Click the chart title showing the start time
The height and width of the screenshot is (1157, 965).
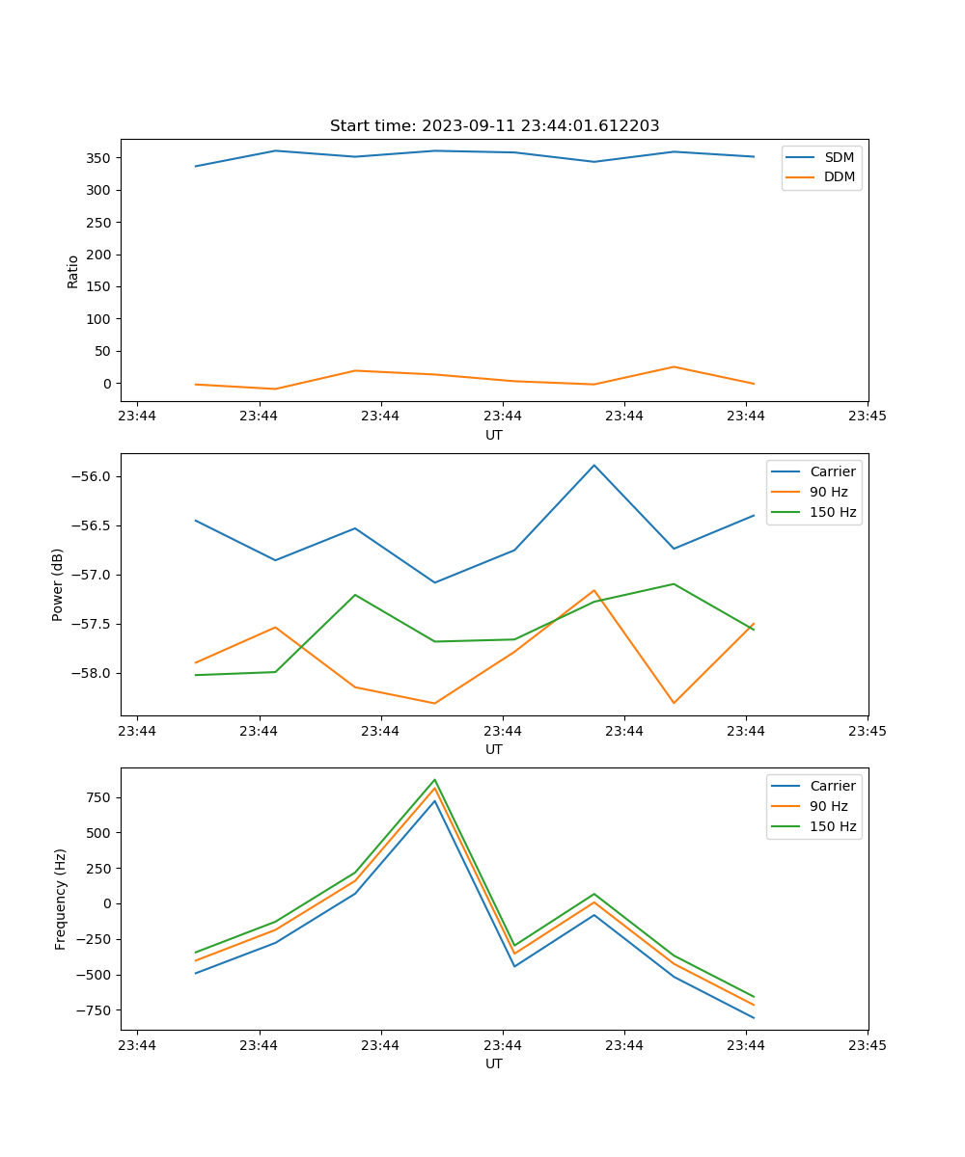coord(494,126)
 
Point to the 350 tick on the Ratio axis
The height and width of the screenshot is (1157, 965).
coord(100,158)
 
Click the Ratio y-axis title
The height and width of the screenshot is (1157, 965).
coord(73,272)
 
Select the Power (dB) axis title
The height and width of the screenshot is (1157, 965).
coord(58,584)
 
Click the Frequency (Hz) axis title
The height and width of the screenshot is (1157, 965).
coord(61,899)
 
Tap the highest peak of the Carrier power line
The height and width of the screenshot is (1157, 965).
coord(594,466)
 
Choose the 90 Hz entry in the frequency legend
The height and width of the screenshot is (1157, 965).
coord(829,806)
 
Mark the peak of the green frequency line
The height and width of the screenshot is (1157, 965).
coord(435,780)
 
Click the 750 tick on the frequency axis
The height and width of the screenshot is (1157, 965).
coord(100,798)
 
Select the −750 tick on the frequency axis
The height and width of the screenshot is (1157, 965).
coord(96,1010)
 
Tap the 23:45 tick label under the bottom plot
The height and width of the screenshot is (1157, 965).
coord(868,1045)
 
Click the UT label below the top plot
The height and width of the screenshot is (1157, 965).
coord(494,435)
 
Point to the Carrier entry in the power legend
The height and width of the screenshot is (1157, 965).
coord(832,471)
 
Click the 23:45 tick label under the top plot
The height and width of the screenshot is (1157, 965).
coord(868,417)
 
